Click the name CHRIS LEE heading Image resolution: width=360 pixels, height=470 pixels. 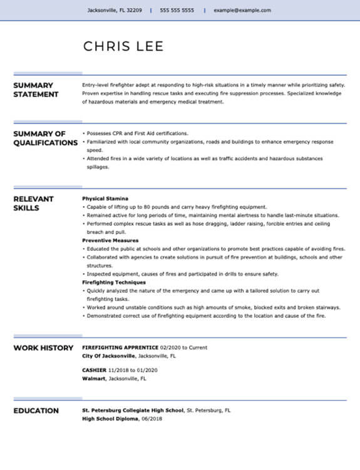point(123,46)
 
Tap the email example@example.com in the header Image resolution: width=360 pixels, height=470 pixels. point(242,11)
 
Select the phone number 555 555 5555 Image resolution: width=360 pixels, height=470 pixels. point(177,11)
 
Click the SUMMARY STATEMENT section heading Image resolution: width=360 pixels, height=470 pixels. point(36,90)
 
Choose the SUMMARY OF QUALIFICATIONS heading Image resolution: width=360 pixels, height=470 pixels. point(45,138)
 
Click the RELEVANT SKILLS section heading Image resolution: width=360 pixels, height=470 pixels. point(34,203)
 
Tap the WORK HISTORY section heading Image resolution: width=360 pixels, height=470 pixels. point(43,348)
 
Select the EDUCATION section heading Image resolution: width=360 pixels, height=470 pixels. point(36,411)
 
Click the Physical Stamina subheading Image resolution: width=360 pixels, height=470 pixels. point(105,199)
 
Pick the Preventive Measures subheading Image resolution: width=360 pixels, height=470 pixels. point(110,241)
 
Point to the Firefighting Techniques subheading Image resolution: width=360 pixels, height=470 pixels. point(114,283)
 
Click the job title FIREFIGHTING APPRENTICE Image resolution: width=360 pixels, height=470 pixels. point(120,348)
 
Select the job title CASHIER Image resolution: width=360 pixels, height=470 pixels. point(94,370)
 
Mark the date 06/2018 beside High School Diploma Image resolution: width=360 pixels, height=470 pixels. point(152,419)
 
